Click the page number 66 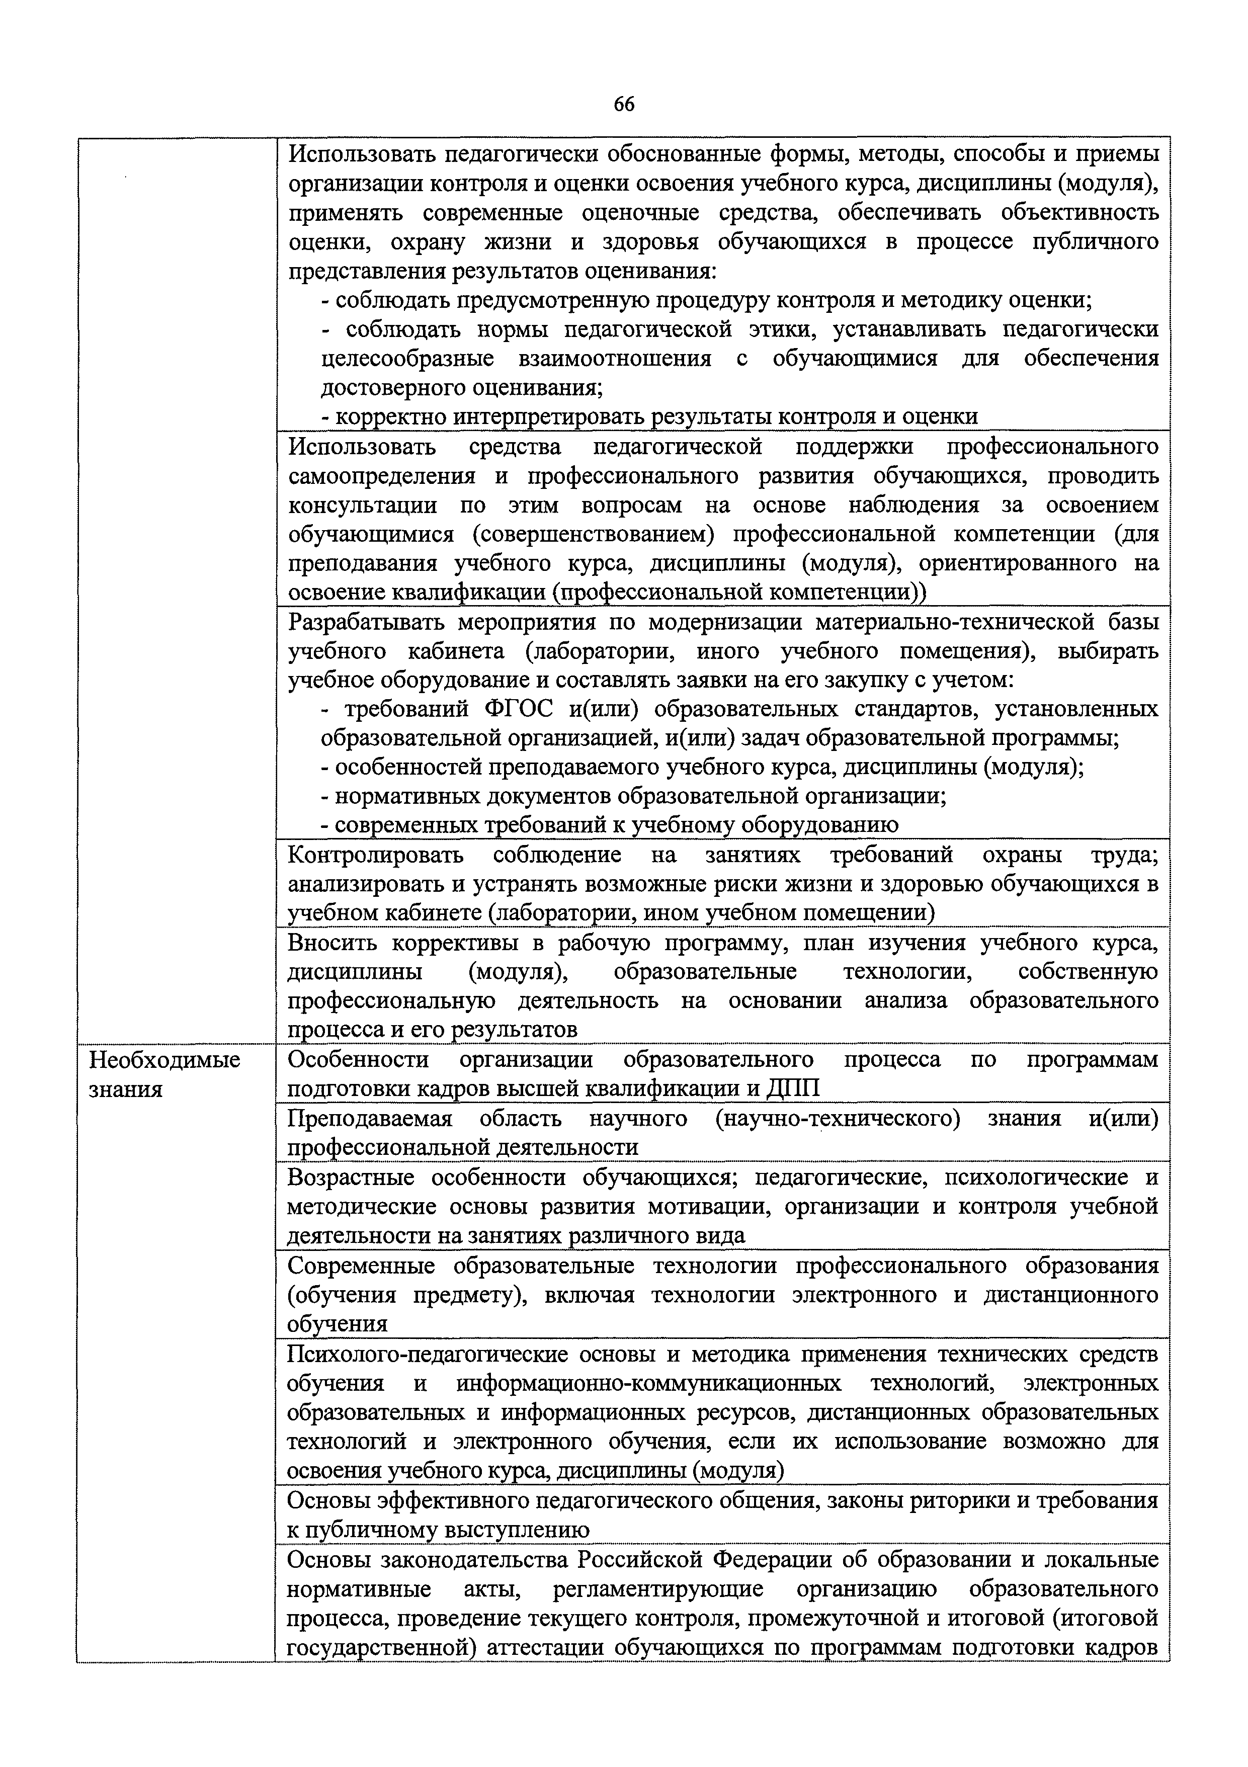pos(624,105)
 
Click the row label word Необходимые pos(164,1060)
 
